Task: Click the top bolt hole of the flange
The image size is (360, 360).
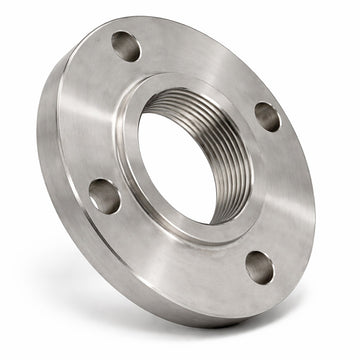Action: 125,45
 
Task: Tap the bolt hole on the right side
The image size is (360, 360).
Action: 267,116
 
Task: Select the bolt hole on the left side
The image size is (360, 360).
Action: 104,194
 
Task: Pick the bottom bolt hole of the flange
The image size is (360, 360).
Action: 260,267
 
